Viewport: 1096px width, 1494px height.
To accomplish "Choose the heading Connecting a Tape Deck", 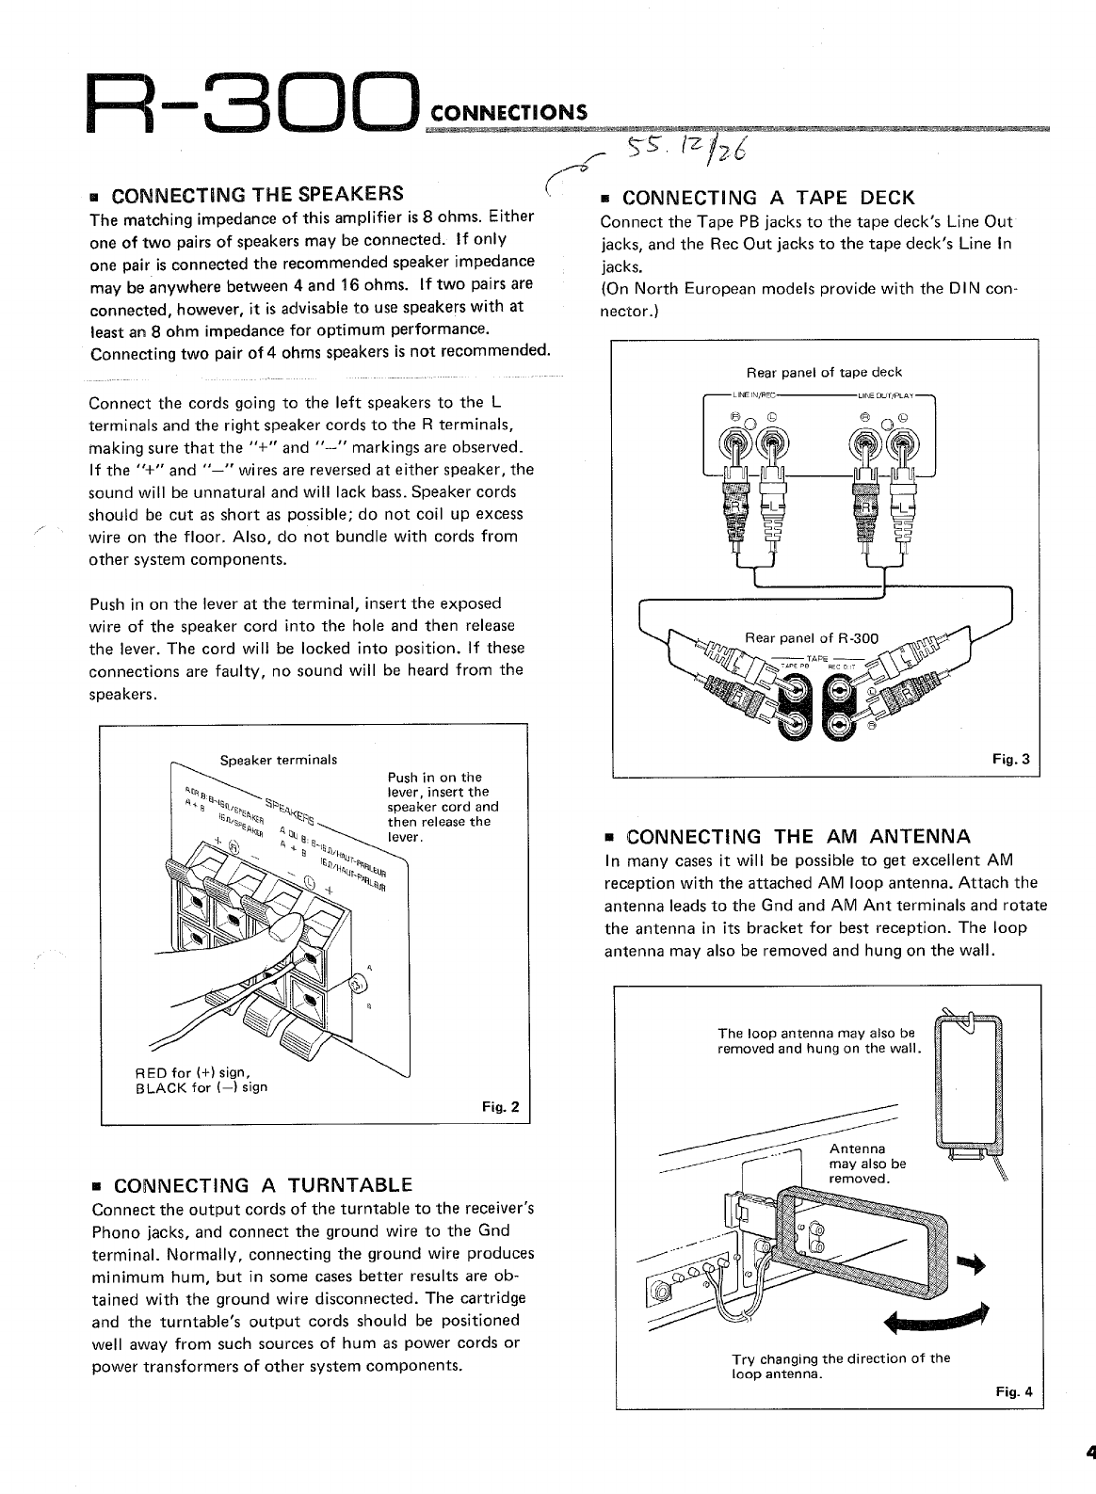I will tap(768, 198).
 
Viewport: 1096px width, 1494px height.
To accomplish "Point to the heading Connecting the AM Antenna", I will tap(798, 836).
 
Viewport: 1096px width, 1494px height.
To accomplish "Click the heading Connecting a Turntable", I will tap(263, 1183).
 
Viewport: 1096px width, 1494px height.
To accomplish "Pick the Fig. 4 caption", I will tap(1013, 1391).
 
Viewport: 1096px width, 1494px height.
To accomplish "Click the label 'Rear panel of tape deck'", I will tap(824, 372).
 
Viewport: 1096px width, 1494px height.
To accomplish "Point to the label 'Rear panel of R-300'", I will tap(811, 638).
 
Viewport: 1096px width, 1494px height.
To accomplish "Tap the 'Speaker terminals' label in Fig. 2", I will tap(278, 760).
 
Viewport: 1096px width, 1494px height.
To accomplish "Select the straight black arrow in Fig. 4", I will tap(970, 1266).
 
